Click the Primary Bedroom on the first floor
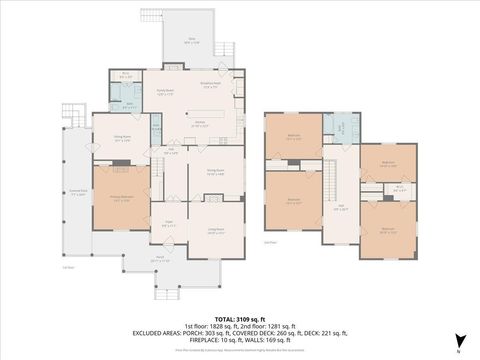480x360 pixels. pos(121,199)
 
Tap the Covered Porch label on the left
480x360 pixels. pos(77,195)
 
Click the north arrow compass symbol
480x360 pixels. pos(459,340)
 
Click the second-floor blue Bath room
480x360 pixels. pos(342,129)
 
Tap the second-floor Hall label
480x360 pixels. pos(340,208)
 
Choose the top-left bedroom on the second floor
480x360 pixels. pos(293,137)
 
